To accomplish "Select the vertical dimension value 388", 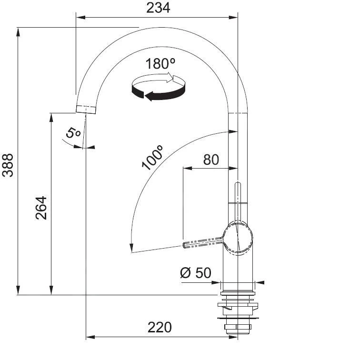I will [x=8, y=164].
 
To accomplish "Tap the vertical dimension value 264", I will [x=41, y=207].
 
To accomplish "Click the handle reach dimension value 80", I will [x=211, y=159].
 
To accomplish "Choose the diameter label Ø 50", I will [x=195, y=273].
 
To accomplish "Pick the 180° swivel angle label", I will [x=161, y=64].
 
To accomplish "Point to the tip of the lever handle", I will [x=185, y=245].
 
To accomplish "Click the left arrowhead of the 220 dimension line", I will [x=89, y=337].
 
